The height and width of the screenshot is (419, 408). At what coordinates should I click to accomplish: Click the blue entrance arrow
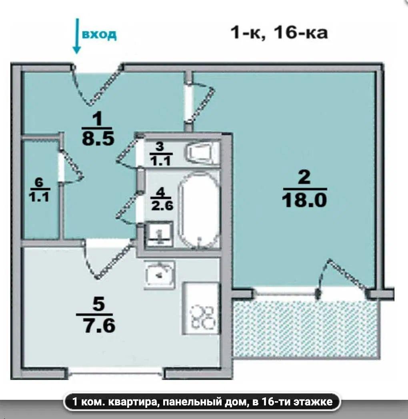77,36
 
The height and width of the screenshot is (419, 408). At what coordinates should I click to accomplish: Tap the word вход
100,34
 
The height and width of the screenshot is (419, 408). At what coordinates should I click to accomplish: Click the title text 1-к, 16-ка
279,33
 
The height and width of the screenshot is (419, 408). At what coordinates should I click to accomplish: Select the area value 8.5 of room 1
98,139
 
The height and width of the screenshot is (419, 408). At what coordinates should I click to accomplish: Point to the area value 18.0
304,200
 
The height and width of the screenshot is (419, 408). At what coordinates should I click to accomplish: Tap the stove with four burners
201,309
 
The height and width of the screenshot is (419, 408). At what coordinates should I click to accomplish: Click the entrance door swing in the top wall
97,85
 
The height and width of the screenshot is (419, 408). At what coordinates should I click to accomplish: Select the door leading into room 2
200,103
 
